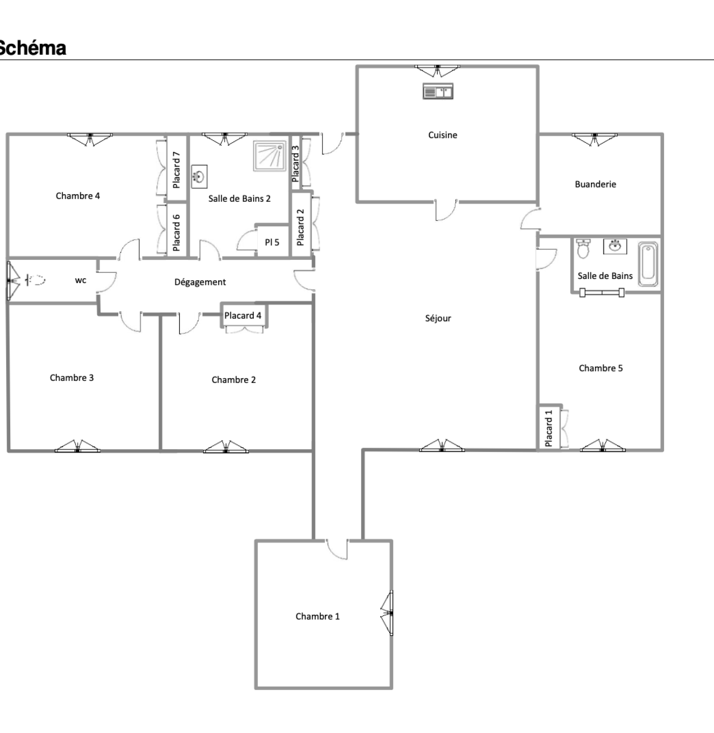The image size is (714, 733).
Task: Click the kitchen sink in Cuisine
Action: tap(438, 91)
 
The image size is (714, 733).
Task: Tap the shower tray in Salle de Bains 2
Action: tap(270, 156)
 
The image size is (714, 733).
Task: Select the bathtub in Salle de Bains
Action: tap(648, 264)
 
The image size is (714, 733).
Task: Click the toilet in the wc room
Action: tap(36, 280)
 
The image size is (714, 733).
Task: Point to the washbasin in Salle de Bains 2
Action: tap(199, 176)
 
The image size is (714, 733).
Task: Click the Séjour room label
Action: tap(438, 318)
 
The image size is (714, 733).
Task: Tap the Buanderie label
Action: tap(595, 184)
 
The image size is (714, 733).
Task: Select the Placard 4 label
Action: tap(243, 316)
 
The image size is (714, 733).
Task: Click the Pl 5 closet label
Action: tap(272, 242)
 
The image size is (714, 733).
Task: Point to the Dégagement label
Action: tap(200, 282)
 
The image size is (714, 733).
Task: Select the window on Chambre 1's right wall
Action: tap(387, 613)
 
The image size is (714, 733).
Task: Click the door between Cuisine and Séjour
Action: tap(446, 210)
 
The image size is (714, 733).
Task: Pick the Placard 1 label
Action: tap(548, 429)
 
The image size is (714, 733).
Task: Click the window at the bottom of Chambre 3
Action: tap(78, 446)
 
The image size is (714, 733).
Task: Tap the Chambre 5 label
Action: tap(601, 368)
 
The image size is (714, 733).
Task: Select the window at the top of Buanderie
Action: tap(595, 139)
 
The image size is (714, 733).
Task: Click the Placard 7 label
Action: tap(176, 170)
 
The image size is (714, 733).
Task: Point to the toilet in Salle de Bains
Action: tap(583, 249)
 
